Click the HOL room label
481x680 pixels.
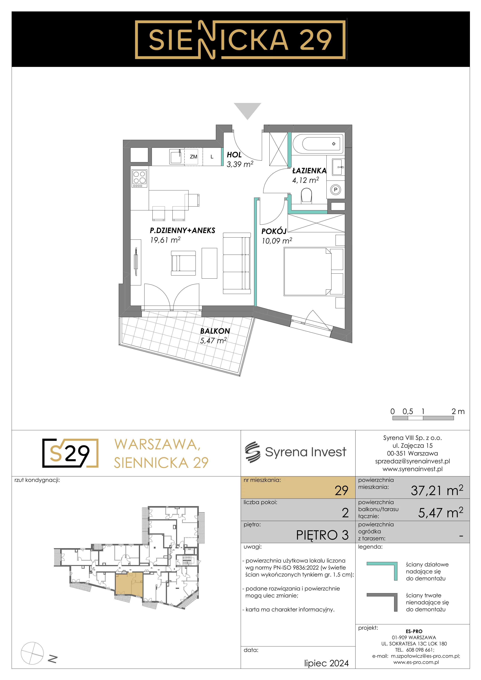click(x=234, y=155)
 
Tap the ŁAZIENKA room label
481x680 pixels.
click(x=309, y=171)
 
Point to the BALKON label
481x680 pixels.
click(x=215, y=331)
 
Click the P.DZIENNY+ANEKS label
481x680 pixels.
click(x=183, y=230)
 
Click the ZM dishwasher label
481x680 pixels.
click(x=193, y=157)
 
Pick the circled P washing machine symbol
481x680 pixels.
click(x=336, y=190)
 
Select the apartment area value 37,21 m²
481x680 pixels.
click(x=437, y=490)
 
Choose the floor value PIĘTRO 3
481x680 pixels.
click(x=322, y=535)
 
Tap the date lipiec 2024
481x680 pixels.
click(x=326, y=663)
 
